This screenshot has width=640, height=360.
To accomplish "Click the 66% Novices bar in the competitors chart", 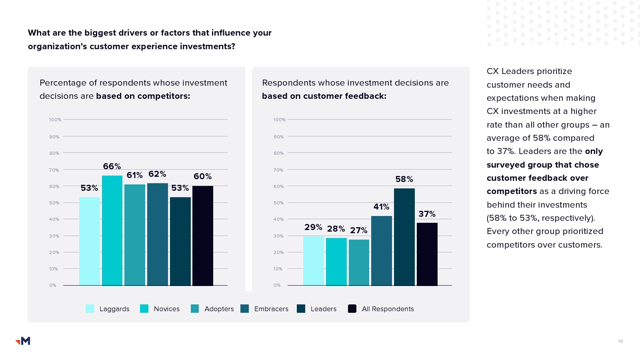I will [x=112, y=230].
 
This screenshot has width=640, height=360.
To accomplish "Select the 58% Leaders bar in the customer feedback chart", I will [x=404, y=237].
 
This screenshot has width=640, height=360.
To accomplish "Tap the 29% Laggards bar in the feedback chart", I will [x=313, y=260].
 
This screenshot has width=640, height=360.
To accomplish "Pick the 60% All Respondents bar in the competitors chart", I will [x=202, y=236].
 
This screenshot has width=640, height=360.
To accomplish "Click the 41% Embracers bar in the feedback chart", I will [x=381, y=250].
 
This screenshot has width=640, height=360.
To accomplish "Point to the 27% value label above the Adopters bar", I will [x=358, y=230].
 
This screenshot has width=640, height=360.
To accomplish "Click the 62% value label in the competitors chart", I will [x=157, y=174].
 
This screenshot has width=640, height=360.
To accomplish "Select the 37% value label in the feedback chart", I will [x=427, y=214].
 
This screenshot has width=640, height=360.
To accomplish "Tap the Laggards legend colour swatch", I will [x=90, y=308].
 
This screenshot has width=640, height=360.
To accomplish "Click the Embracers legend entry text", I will [x=271, y=309].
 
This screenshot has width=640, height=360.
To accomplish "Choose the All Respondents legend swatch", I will [x=352, y=308].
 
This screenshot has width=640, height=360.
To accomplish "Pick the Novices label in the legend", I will [x=166, y=309].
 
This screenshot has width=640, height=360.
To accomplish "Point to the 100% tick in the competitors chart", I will [x=55, y=120].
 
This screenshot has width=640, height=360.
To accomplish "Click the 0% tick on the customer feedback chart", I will [x=277, y=285].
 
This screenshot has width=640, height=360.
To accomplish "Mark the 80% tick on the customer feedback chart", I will [x=278, y=153].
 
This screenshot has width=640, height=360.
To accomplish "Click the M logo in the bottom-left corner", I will [x=23, y=341].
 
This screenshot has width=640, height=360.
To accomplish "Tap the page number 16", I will [x=620, y=341].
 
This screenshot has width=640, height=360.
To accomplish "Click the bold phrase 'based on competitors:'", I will [x=143, y=96].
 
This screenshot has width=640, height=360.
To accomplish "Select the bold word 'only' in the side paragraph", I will [x=594, y=151].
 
